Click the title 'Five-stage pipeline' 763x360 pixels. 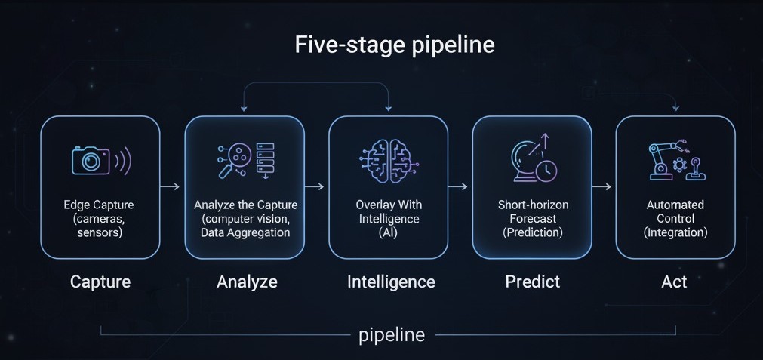coord(395,45)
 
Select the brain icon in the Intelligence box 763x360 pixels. coord(389,160)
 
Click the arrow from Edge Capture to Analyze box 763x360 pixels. coord(171,186)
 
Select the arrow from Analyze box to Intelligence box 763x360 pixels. coord(315,186)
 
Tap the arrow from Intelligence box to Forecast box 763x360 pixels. coord(459,186)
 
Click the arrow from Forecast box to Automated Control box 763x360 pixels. coord(602,186)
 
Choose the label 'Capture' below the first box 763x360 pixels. coord(100,282)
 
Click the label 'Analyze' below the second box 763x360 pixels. coord(247,282)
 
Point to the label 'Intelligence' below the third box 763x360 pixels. coord(391,282)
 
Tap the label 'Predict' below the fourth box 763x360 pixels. coord(532,282)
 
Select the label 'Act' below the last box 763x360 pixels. coord(674,282)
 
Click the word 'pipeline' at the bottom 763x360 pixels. coord(392,334)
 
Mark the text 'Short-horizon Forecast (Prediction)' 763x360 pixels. coord(533,219)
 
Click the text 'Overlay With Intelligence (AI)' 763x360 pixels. coord(389,219)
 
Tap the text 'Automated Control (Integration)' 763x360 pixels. coord(675,219)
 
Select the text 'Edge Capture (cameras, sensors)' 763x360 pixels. coord(100,219)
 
